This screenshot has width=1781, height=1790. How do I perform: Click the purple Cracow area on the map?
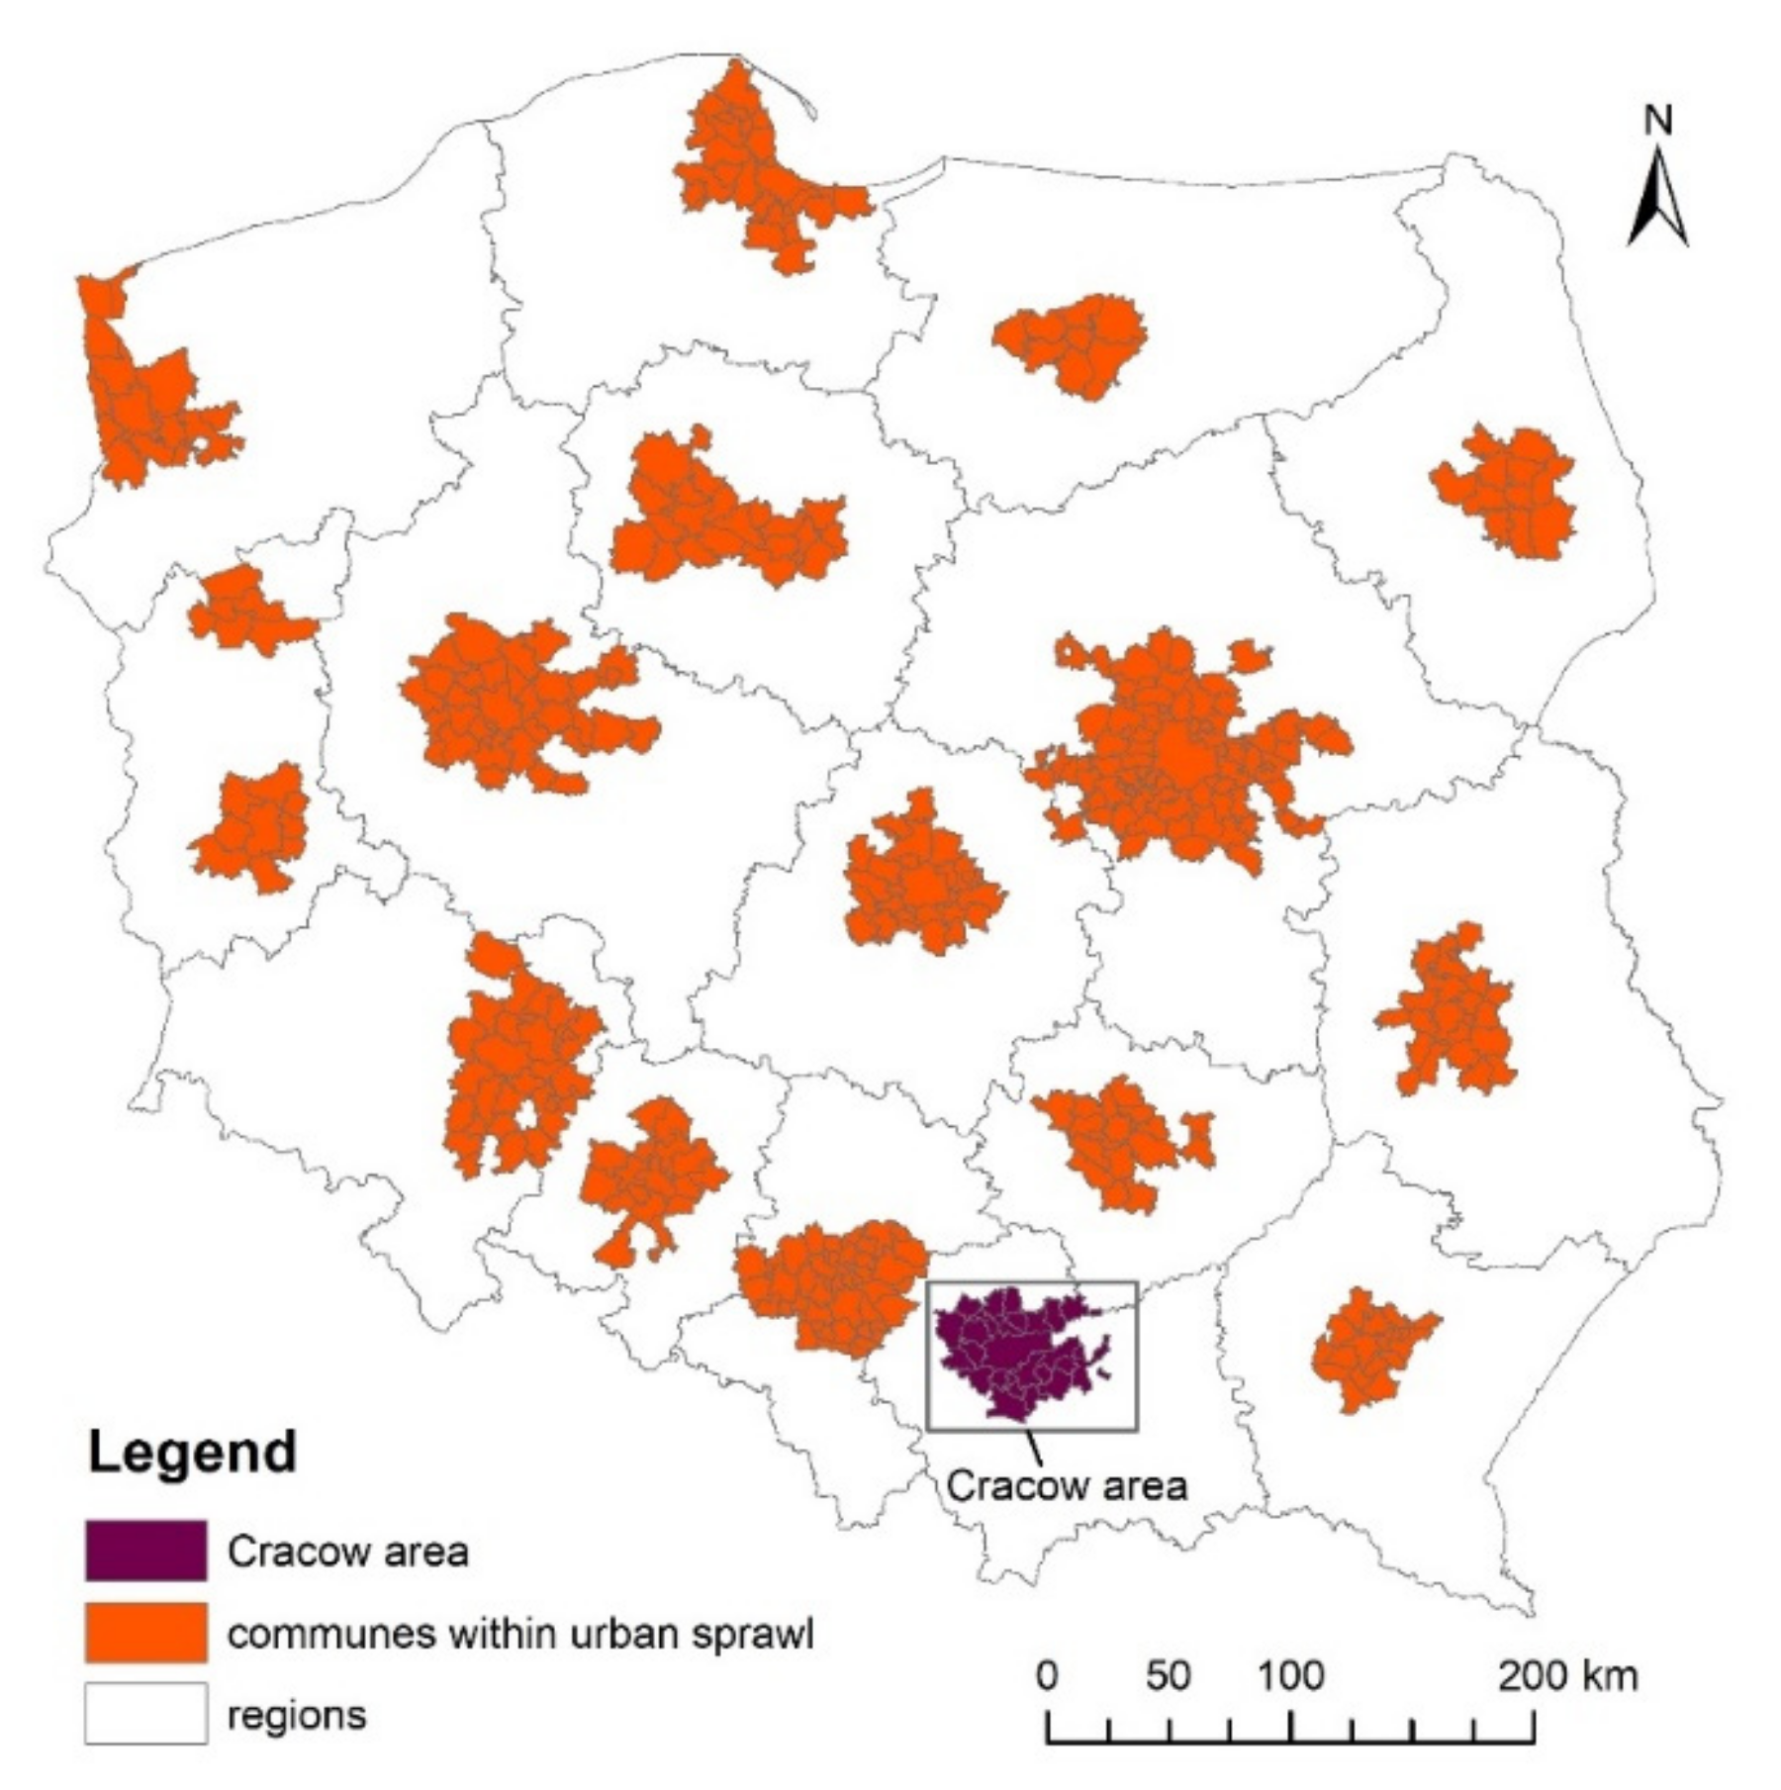1009,1351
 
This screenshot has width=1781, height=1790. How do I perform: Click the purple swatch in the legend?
145,1551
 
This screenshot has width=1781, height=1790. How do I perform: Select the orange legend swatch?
145,1633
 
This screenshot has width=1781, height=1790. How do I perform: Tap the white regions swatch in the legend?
145,1713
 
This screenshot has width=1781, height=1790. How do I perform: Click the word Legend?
192,1453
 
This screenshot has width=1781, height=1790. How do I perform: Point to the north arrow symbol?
1657,198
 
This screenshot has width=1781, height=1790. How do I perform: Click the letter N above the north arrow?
1658,121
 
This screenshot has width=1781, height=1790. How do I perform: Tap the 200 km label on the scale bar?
1567,1676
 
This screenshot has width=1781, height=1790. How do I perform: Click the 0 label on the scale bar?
1047,1676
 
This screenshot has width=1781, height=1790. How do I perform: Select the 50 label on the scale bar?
1168,1676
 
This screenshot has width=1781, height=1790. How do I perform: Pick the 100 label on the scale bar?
1290,1676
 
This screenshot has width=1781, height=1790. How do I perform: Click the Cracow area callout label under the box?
1066,1485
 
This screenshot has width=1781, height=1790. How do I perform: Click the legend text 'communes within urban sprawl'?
520,1634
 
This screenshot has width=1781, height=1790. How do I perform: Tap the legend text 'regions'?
297,1714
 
